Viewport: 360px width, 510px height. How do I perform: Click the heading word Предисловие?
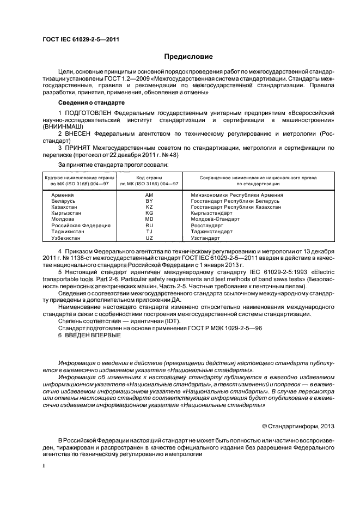[188, 57]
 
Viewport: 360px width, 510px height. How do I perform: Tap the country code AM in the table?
[150, 195]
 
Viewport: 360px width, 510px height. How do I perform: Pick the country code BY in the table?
[150, 201]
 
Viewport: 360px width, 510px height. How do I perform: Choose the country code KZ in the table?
[150, 207]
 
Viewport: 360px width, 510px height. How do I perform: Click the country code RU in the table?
[150, 226]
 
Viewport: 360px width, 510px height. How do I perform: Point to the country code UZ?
[150, 238]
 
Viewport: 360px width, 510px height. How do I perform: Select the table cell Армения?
[63, 195]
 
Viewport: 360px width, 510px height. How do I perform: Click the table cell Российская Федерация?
[81, 226]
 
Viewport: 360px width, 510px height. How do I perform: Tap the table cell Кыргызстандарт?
[211, 213]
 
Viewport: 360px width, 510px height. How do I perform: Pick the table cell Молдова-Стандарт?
[214, 220]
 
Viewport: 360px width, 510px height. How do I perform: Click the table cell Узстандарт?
[205, 238]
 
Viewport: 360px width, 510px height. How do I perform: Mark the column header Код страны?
[150, 178]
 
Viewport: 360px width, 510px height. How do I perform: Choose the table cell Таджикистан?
[68, 232]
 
